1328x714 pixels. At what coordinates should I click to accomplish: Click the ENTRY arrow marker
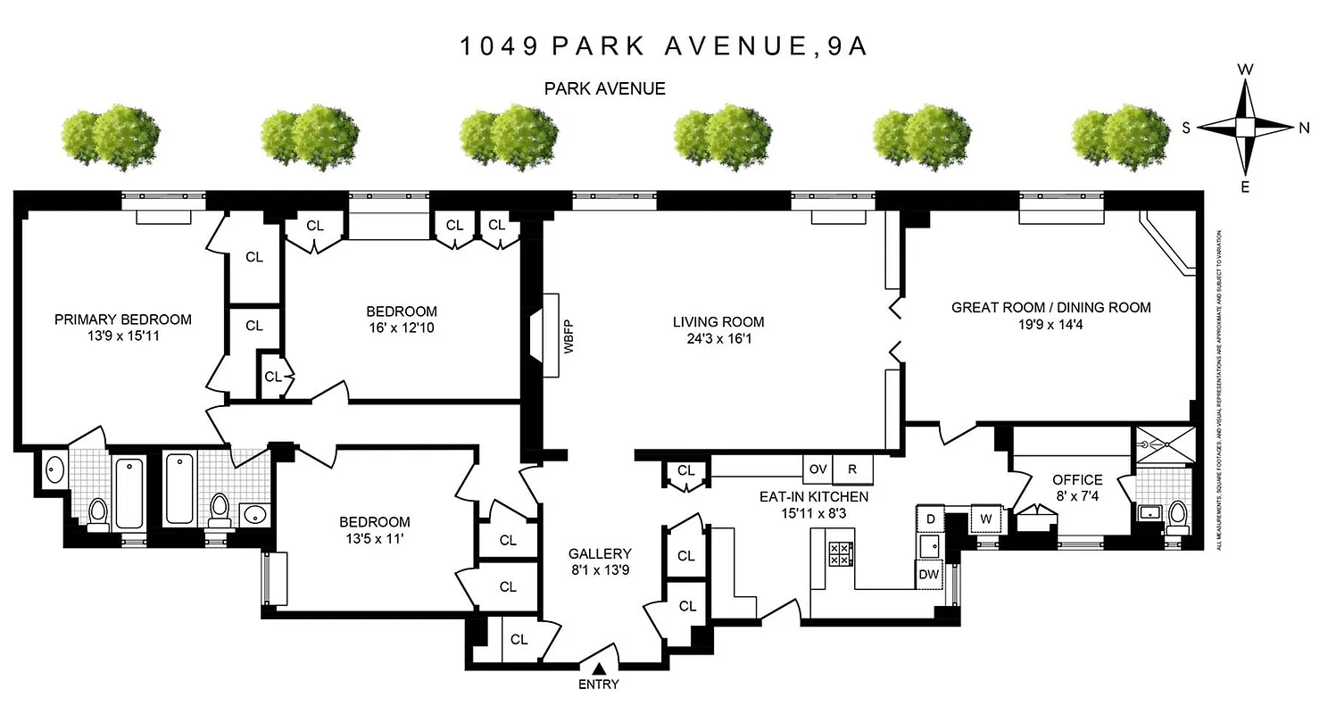pos(600,668)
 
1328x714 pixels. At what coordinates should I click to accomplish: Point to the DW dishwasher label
pos(929,575)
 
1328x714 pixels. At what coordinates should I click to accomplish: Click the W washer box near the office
pos(986,519)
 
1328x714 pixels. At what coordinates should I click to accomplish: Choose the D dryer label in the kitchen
pos(930,519)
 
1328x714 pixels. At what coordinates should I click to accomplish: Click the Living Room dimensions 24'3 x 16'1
pos(718,339)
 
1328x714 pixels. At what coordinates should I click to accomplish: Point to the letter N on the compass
pos(1304,128)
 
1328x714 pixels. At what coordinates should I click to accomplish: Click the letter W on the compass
pos(1246,70)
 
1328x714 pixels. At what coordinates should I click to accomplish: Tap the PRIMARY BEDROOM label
pos(123,320)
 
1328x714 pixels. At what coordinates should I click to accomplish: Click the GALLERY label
pos(600,553)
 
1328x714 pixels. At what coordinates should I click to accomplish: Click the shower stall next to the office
pos(1164,444)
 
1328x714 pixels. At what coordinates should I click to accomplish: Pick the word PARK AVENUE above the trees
pos(605,88)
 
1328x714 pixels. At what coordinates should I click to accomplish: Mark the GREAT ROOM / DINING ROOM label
pos(1050,307)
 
